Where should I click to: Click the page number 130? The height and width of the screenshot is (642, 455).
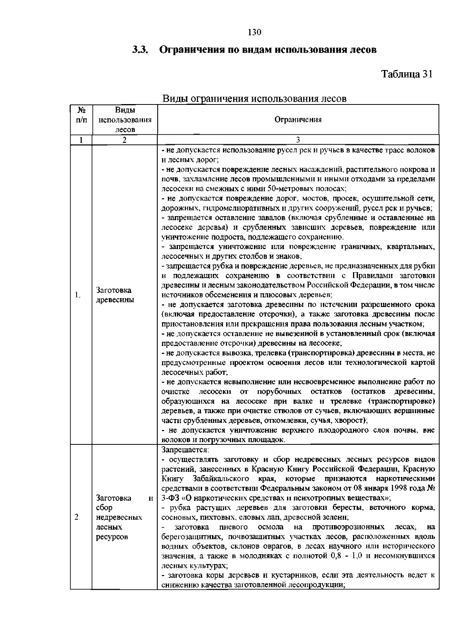[x=254, y=32]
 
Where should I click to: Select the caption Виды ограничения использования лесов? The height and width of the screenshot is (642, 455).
[x=254, y=99]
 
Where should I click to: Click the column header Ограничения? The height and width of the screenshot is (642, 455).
[x=298, y=120]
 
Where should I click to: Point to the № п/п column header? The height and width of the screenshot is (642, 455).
[x=81, y=115]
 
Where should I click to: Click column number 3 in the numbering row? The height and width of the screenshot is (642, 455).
[x=298, y=140]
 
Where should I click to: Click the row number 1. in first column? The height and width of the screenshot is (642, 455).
[x=77, y=295]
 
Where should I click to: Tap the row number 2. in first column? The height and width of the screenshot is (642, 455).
[x=77, y=517]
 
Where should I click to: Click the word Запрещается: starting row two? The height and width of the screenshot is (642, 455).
[x=185, y=450]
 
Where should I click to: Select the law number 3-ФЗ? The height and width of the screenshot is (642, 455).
[x=171, y=498]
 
